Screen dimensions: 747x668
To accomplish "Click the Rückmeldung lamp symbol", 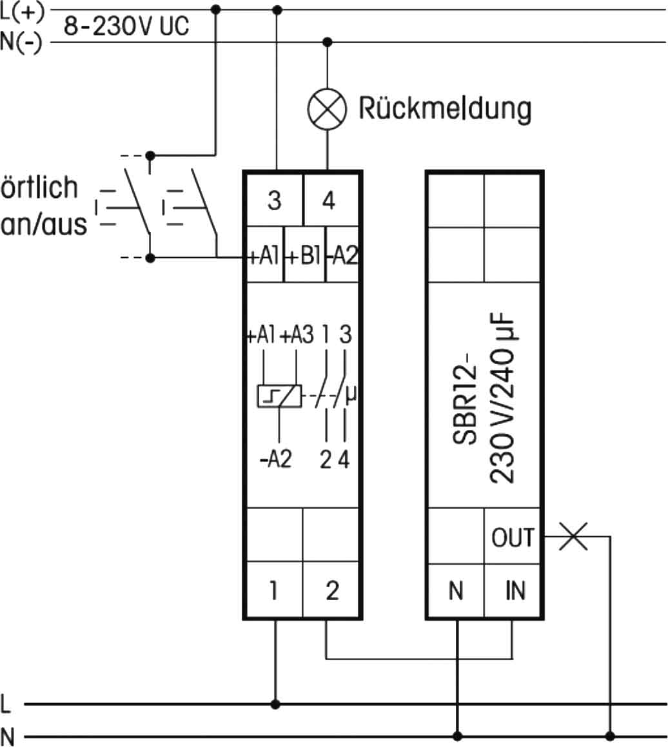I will tap(327, 109).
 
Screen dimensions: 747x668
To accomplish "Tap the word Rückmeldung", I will tap(445, 109).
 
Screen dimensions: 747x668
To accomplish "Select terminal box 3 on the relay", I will tap(274, 202).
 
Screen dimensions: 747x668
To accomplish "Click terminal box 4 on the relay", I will tap(329, 202).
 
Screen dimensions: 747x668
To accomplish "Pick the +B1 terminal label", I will tap(304, 257).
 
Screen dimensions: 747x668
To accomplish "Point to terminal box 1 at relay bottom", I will tap(274, 590).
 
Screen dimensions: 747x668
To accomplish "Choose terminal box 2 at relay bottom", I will tap(331, 590).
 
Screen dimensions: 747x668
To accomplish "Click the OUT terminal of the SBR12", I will tap(513, 536).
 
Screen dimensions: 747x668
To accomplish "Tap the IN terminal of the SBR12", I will tap(515, 590).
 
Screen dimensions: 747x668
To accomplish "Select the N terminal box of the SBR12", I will tap(456, 590).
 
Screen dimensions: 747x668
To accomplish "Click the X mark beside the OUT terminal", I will tap(573, 536).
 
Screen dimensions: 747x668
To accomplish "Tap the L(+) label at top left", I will tap(23, 11).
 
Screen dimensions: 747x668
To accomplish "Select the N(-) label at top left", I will tap(23, 43).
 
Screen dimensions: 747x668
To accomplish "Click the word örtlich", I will tap(39, 188).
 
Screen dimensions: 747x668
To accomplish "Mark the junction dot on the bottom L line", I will tap(276, 704).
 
